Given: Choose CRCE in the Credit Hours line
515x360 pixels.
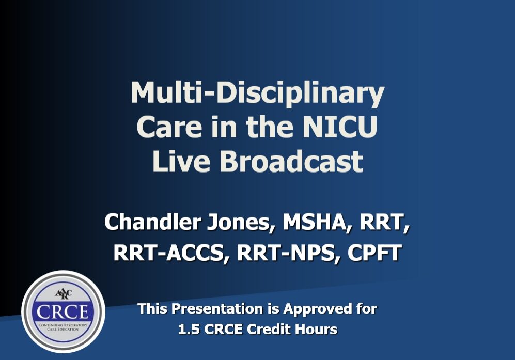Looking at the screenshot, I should tap(224, 330).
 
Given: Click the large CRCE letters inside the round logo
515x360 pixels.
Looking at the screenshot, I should tap(63, 311).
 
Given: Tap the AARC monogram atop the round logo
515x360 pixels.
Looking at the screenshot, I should tap(63, 294).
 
